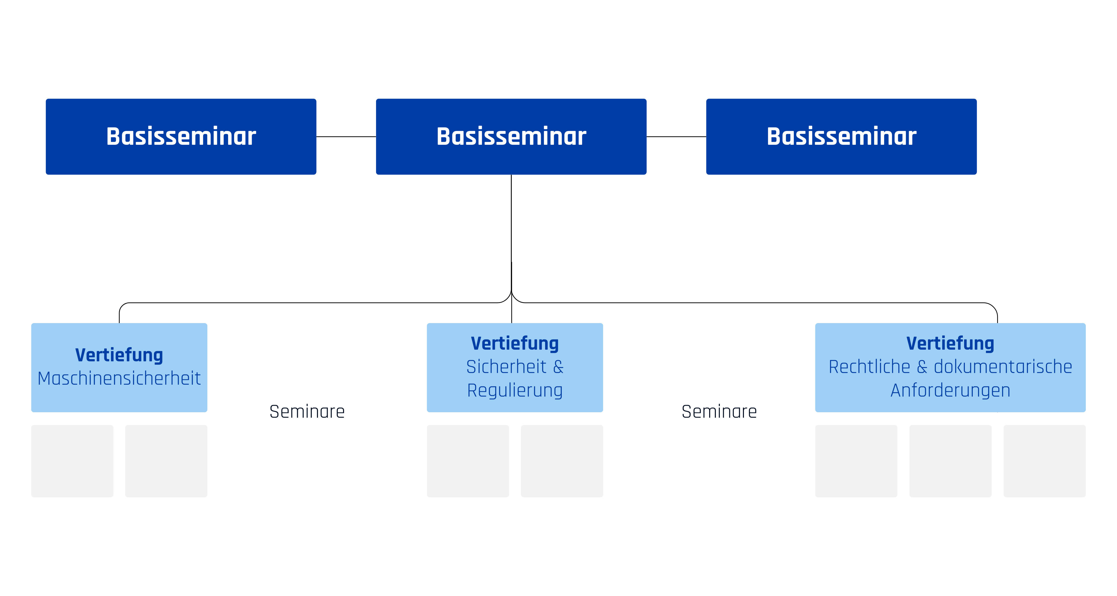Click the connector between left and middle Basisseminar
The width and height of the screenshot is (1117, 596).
(346, 137)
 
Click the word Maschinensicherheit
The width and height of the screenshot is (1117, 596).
(119, 378)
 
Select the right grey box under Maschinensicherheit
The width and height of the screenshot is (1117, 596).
(166, 461)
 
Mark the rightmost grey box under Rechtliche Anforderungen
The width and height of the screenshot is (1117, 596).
(1044, 461)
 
